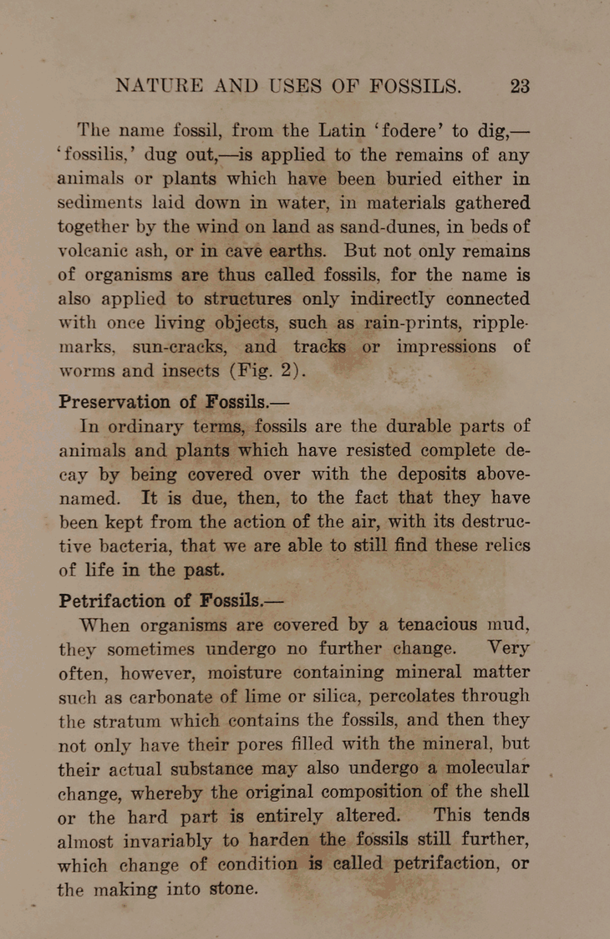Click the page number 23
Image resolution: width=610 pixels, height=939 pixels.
point(520,87)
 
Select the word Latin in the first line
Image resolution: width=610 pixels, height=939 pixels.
point(342,130)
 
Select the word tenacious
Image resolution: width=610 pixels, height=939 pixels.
point(437,625)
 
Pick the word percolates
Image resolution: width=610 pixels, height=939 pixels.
point(412,696)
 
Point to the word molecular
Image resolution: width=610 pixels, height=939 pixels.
point(487,768)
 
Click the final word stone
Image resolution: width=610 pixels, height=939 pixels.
point(233,888)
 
